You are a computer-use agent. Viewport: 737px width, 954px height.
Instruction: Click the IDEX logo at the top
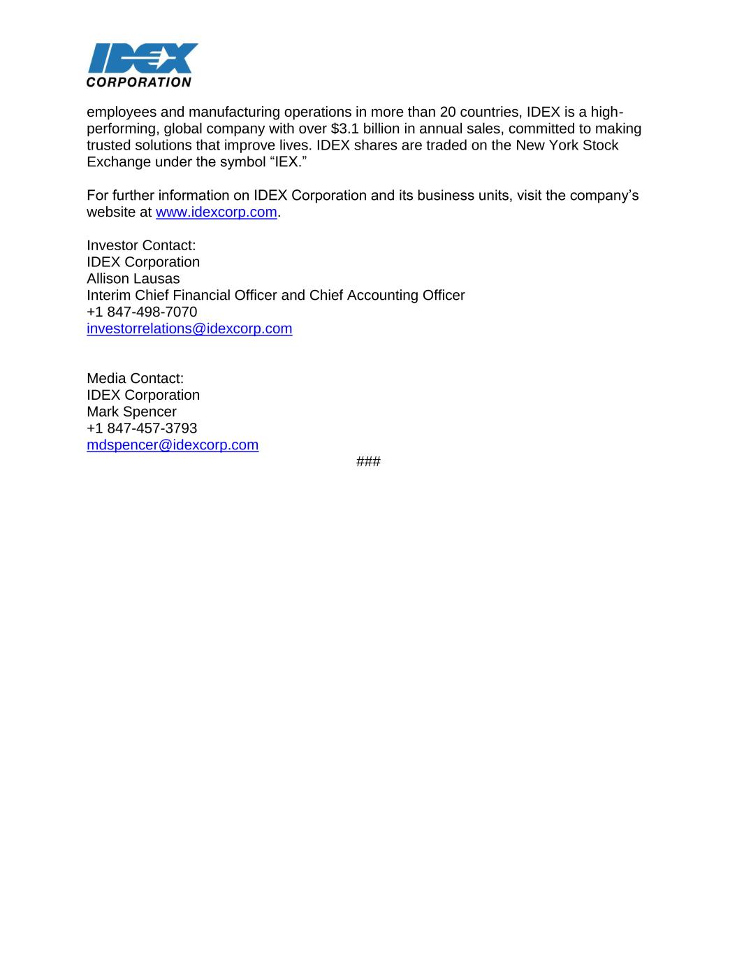143,58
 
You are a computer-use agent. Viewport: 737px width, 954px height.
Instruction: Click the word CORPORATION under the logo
138,82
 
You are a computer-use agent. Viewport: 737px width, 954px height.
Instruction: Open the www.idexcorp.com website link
217,212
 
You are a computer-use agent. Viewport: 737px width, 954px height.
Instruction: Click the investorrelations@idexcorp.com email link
189,328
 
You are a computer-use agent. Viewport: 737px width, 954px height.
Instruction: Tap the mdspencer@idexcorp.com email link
173,445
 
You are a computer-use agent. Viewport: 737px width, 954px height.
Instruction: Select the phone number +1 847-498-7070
142,312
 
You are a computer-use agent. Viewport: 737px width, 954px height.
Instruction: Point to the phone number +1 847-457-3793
142,428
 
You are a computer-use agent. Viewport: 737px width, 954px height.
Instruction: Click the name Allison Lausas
133,279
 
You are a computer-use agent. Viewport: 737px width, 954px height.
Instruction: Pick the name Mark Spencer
131,412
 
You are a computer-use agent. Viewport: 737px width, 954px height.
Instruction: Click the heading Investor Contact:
141,245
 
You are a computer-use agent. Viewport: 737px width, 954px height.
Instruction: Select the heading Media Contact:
135,378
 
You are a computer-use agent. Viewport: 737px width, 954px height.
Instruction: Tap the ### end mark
368,462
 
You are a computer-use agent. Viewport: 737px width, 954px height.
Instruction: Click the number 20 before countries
448,113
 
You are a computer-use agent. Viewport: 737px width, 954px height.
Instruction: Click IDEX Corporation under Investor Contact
143,262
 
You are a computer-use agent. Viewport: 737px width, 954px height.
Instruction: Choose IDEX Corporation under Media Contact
143,395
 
